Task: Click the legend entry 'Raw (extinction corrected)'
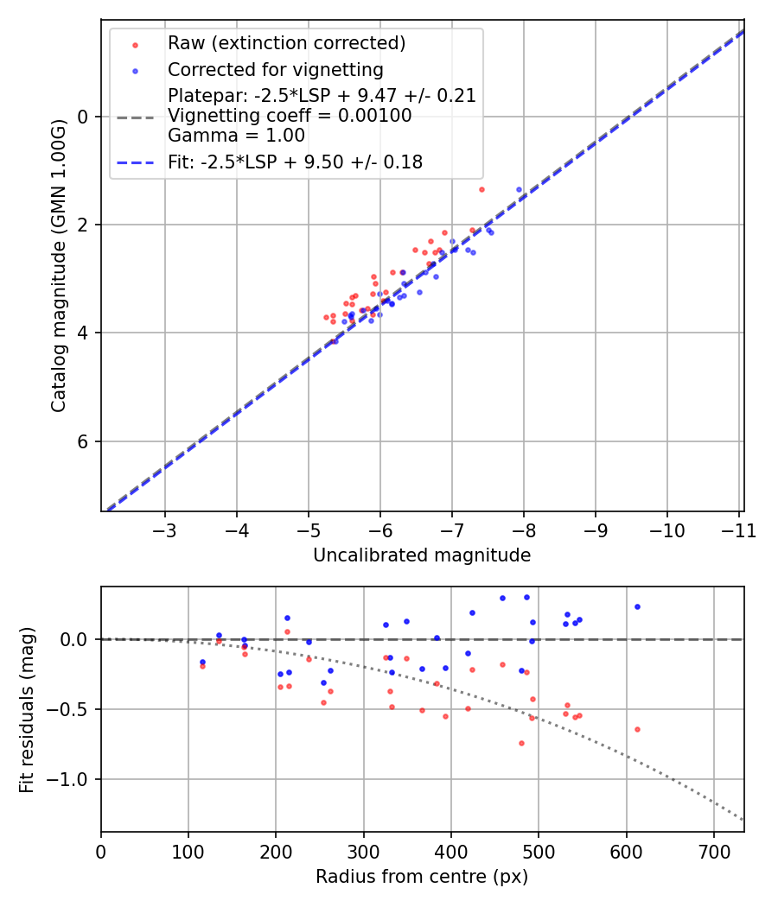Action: [286, 43]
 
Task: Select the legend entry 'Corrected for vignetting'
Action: [275, 69]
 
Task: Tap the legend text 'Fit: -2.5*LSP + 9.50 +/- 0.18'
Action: [295, 162]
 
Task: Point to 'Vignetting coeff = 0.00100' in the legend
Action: [290, 116]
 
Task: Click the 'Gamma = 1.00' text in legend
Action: [236, 135]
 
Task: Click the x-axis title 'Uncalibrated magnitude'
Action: [422, 555]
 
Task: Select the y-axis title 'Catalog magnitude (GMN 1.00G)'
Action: [58, 265]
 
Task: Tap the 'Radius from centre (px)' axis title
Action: [422, 877]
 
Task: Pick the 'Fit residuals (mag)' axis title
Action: [28, 709]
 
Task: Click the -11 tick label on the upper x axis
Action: [738, 530]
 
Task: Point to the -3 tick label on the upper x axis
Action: [164, 530]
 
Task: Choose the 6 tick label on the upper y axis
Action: [84, 441]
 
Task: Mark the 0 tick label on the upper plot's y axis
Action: [84, 117]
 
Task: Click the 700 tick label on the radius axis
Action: [713, 851]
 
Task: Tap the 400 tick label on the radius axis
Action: [450, 851]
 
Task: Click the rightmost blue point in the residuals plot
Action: [637, 606]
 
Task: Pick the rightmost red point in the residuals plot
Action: [637, 729]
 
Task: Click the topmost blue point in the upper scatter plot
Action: [519, 189]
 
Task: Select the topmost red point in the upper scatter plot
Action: [481, 189]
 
